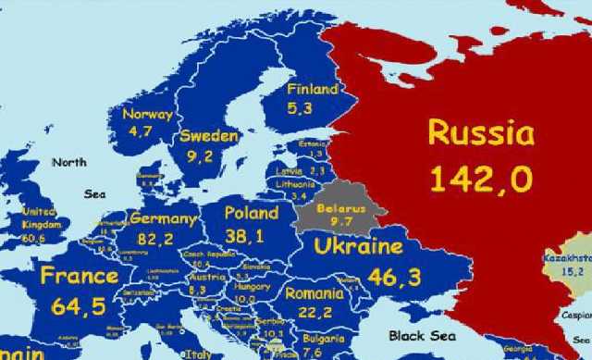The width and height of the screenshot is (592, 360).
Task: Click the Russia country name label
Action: (480, 133)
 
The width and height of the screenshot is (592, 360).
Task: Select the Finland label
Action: (312, 91)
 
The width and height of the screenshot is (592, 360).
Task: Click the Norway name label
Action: (147, 115)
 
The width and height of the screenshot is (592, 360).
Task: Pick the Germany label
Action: (164, 219)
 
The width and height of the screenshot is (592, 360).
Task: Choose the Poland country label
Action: (252, 213)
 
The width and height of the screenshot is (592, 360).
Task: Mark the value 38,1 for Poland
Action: (244, 236)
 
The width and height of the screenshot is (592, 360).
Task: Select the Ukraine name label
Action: (358, 247)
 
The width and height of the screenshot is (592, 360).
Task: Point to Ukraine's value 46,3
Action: (394, 277)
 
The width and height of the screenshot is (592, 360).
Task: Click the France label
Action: (79, 276)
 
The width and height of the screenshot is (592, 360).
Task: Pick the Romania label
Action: (314, 293)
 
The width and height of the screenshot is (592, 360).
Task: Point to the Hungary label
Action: (253, 287)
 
